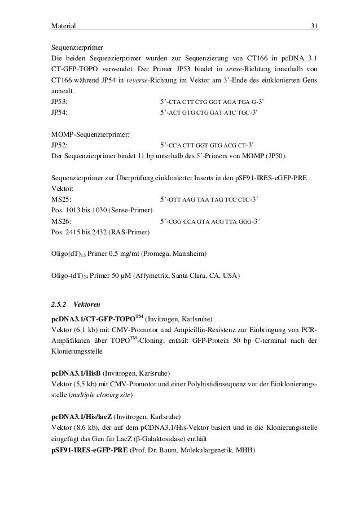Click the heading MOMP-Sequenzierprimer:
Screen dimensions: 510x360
coord(90,134)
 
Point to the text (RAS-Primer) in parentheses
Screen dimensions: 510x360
coord(128,232)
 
